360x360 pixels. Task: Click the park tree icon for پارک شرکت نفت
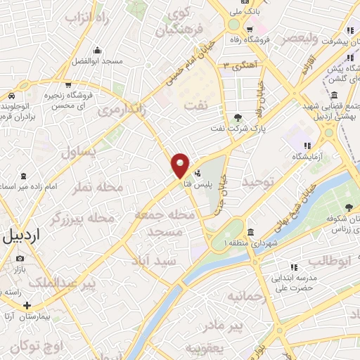[x=237, y=117]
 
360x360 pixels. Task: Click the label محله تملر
[x=101, y=186]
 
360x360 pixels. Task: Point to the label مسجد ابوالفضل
[x=97, y=61]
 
